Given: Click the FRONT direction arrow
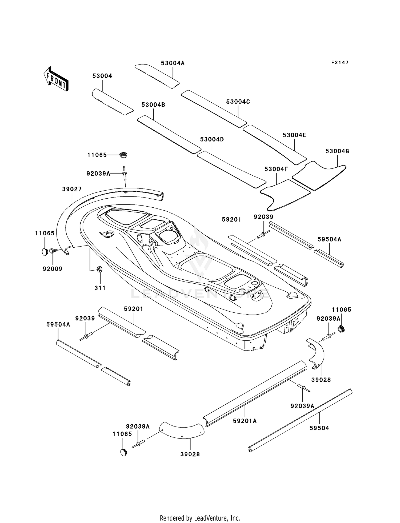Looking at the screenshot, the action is pyautogui.click(x=56, y=79).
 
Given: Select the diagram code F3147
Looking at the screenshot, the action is pyautogui.click(x=340, y=63).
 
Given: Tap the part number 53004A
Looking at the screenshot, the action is pyautogui.click(x=173, y=63).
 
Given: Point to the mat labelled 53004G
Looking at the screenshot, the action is pyautogui.click(x=319, y=175).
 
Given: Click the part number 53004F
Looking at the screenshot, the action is pyautogui.click(x=276, y=169).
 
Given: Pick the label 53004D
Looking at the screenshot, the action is pyautogui.click(x=212, y=139).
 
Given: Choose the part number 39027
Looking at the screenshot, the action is pyautogui.click(x=72, y=189).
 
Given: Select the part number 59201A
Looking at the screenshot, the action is pyautogui.click(x=245, y=421).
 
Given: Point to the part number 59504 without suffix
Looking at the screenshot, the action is pyautogui.click(x=319, y=428).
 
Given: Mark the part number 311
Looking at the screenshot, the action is pyautogui.click(x=100, y=288).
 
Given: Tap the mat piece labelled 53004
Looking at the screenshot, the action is pyautogui.click(x=112, y=102).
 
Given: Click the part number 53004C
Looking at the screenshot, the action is pyautogui.click(x=238, y=102).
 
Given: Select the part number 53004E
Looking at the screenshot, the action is pyautogui.click(x=294, y=135).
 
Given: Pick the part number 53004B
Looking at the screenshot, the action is pyautogui.click(x=153, y=105).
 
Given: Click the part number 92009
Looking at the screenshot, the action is pyautogui.click(x=53, y=269).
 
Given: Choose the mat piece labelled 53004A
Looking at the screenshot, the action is pyautogui.click(x=157, y=76).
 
